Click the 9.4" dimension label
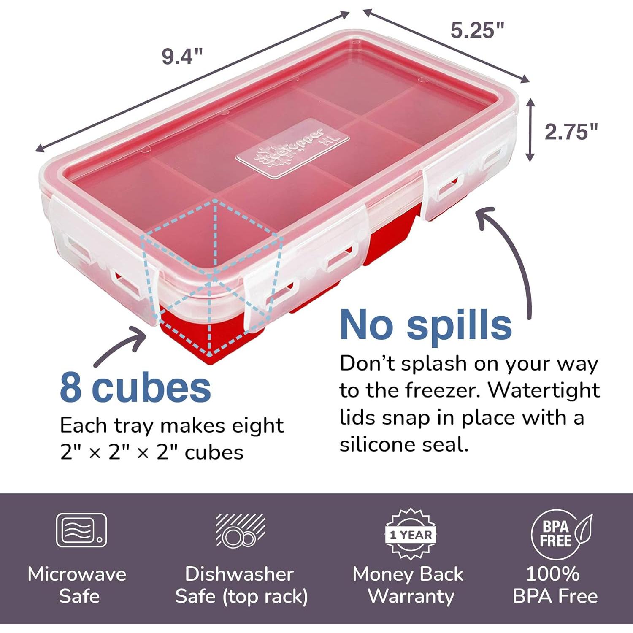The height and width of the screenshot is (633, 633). pyautogui.click(x=182, y=56)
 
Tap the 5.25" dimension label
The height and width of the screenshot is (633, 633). pyautogui.click(x=477, y=30)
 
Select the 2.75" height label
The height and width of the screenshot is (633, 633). pyautogui.click(x=571, y=132)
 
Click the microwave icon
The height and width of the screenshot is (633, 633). pyautogui.click(x=81, y=530)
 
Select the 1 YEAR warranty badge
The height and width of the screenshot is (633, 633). pyautogui.click(x=411, y=534)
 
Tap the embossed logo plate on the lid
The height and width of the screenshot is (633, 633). pyautogui.click(x=292, y=148)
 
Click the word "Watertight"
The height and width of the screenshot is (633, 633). pyautogui.click(x=544, y=390)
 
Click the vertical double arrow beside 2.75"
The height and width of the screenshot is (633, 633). pyautogui.click(x=530, y=130)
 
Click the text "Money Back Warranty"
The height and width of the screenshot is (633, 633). pyautogui.click(x=408, y=585)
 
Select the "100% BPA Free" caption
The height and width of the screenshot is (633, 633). pyautogui.click(x=555, y=585)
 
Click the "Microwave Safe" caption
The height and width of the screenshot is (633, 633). pyautogui.click(x=78, y=585)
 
